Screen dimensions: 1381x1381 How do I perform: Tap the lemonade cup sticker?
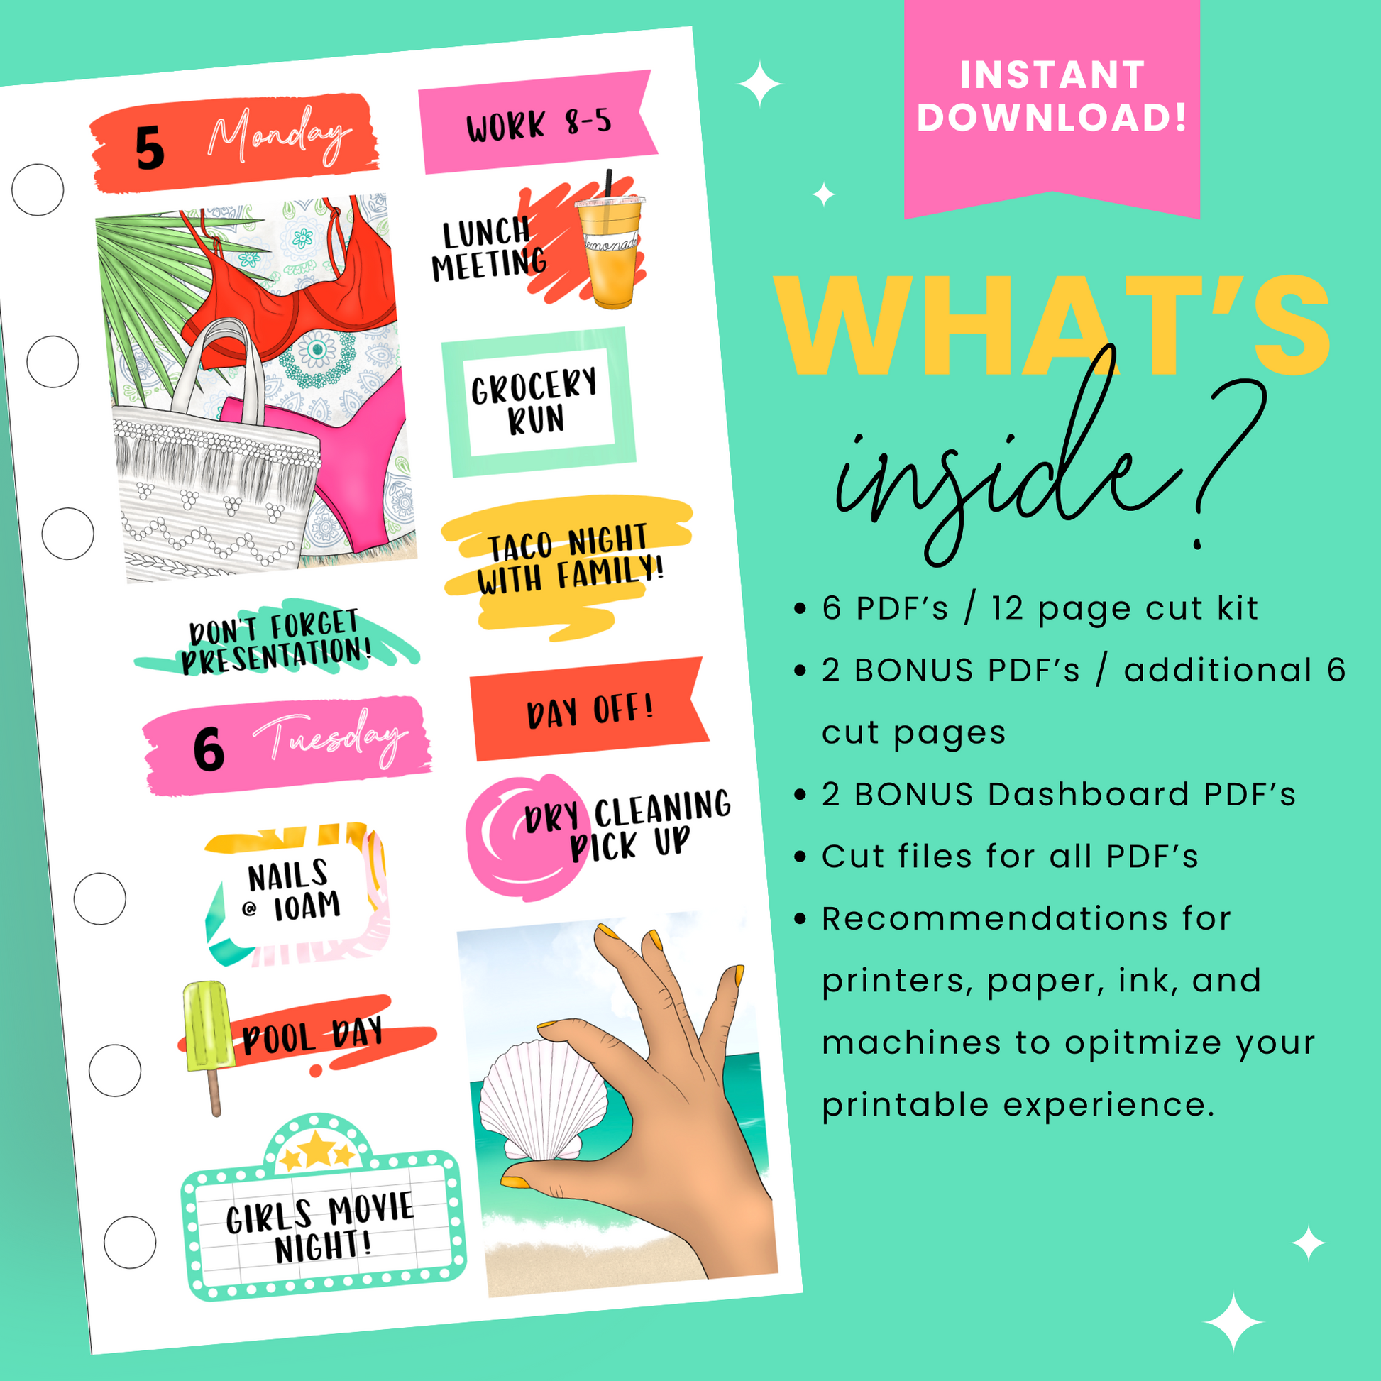609,248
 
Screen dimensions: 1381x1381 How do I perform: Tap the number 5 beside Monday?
150,149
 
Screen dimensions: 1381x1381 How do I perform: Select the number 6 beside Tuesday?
209,749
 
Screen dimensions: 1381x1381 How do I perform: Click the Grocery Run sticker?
538,402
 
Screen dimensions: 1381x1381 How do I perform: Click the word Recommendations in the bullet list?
1026,918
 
